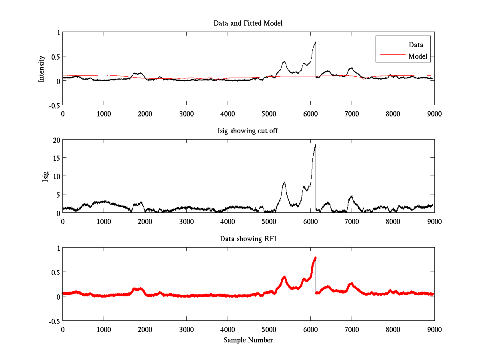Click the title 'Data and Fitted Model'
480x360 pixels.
click(248, 23)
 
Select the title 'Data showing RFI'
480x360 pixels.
click(248, 239)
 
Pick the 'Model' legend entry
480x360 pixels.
click(418, 56)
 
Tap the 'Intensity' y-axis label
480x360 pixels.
click(42, 69)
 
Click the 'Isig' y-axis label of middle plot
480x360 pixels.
click(46, 176)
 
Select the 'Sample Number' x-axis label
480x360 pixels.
click(248, 340)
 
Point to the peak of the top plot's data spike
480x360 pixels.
click(316, 42)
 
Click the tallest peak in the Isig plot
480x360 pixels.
click(316, 145)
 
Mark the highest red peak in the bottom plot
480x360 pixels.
click(316, 258)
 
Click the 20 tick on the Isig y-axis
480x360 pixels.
click(56, 140)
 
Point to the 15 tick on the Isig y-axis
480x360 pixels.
click(56, 158)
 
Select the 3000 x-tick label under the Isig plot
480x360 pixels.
click(186, 221)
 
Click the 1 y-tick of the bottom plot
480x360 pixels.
click(58, 248)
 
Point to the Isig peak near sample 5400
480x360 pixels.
click(284, 182)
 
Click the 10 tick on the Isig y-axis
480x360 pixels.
click(56, 176)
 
